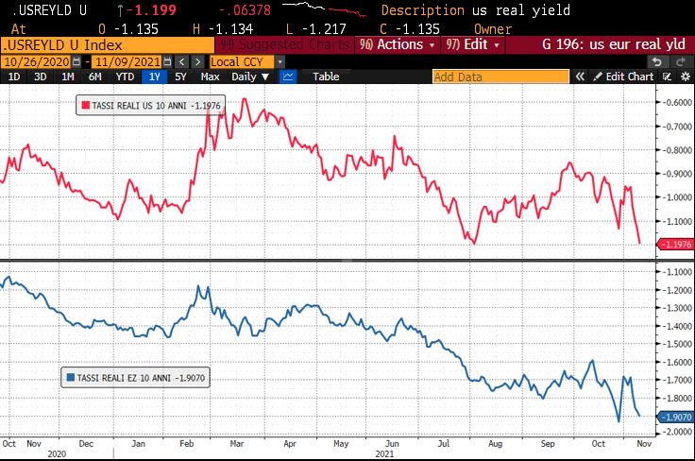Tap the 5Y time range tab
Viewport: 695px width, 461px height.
click(x=180, y=77)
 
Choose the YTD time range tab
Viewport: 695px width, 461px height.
click(x=125, y=77)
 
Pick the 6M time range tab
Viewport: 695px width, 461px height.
click(x=95, y=77)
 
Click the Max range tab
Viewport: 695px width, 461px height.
click(x=211, y=77)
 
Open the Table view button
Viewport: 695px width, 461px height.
click(x=325, y=77)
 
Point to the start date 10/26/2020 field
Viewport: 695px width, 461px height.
click(x=41, y=61)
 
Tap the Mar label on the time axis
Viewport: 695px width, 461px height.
click(x=234, y=442)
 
